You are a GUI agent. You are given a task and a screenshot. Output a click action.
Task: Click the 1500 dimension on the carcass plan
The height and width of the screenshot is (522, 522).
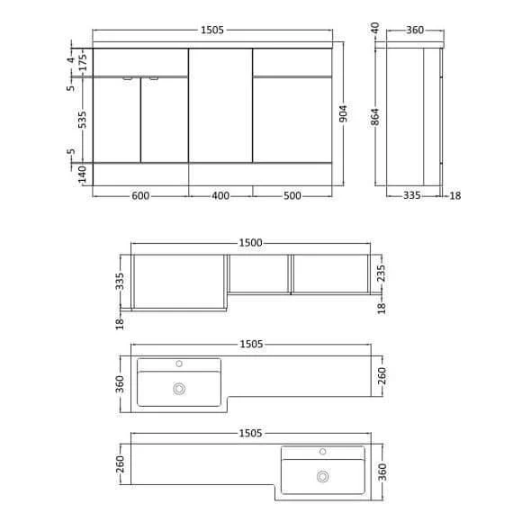tap(250, 243)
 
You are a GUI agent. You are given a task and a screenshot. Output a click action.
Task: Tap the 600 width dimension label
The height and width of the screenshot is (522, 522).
tap(140, 196)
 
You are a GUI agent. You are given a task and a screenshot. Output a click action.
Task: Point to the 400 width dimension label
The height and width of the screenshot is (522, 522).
tap(220, 196)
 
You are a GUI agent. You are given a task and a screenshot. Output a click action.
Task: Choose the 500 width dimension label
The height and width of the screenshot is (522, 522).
tap(292, 196)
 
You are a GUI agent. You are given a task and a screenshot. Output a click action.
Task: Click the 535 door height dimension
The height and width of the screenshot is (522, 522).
tap(81, 119)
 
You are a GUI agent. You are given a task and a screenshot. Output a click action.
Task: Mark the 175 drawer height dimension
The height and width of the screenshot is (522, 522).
tap(81, 63)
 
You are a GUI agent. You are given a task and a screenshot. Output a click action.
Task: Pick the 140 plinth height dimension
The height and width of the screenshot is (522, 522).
tap(81, 174)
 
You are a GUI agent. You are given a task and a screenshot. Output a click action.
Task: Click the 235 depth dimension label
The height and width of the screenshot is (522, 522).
tap(382, 274)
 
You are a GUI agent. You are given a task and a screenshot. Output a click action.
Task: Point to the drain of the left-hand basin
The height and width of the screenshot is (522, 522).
tap(179, 389)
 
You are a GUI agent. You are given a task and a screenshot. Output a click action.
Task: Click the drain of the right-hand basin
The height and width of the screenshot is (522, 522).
tap(321, 477)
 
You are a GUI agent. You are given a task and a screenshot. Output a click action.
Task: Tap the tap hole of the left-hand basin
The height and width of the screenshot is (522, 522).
tap(179, 364)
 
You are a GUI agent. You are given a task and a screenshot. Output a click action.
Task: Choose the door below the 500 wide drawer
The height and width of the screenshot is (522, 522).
tap(292, 119)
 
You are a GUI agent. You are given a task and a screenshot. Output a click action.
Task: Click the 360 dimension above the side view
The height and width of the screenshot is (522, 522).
tap(415, 31)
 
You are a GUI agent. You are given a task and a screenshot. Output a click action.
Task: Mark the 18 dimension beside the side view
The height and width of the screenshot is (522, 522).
tap(454, 195)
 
